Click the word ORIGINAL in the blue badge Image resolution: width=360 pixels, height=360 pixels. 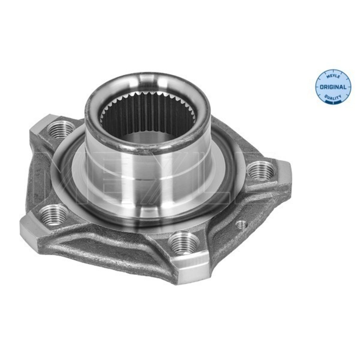(333, 87)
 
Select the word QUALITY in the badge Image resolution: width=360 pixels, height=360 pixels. (333, 97)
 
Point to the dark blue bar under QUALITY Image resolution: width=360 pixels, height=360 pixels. (333, 101)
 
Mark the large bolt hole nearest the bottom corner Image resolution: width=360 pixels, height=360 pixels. (184, 243)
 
